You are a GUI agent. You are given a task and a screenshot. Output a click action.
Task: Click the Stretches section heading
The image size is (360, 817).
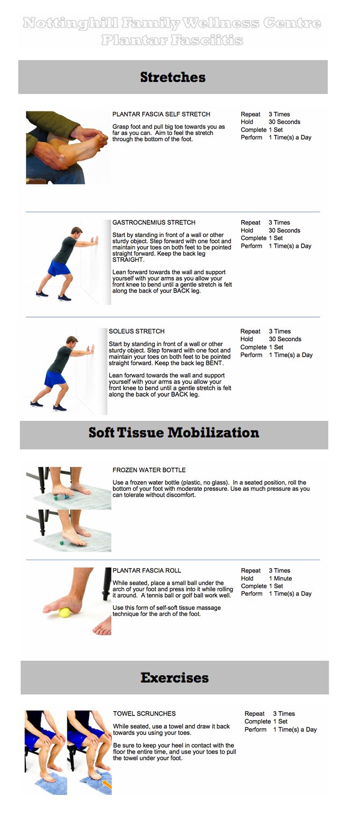pos(172,77)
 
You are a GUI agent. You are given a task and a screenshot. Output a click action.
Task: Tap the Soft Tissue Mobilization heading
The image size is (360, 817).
pos(174,433)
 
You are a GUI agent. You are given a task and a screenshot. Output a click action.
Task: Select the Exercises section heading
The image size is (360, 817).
pos(175,678)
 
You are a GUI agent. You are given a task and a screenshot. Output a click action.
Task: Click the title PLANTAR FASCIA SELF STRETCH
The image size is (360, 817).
pos(161,114)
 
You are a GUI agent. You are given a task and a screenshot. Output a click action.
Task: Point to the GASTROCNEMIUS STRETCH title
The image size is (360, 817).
pos(154,223)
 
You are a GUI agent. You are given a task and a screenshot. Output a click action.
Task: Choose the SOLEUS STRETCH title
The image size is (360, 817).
pos(136,331)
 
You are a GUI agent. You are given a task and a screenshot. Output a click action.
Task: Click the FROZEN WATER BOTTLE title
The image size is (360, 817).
pos(149,470)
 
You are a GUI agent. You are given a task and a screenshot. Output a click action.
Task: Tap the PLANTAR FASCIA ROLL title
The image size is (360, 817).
pos(147,571)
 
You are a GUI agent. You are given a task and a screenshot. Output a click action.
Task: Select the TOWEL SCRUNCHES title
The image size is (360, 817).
pos(144,714)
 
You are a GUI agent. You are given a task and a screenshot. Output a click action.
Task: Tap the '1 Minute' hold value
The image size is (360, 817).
pos(280,578)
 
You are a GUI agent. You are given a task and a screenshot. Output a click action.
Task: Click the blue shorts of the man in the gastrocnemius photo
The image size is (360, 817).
pos(59,268)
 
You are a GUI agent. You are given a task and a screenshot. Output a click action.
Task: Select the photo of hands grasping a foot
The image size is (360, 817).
pos(67,147)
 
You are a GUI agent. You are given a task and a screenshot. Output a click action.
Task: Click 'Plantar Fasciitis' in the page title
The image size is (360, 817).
pos(172,40)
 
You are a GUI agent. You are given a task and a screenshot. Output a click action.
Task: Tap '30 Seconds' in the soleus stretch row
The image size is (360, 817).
pos(285,339)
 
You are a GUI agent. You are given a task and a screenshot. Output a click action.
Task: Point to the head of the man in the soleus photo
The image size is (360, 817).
pos(72,342)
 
